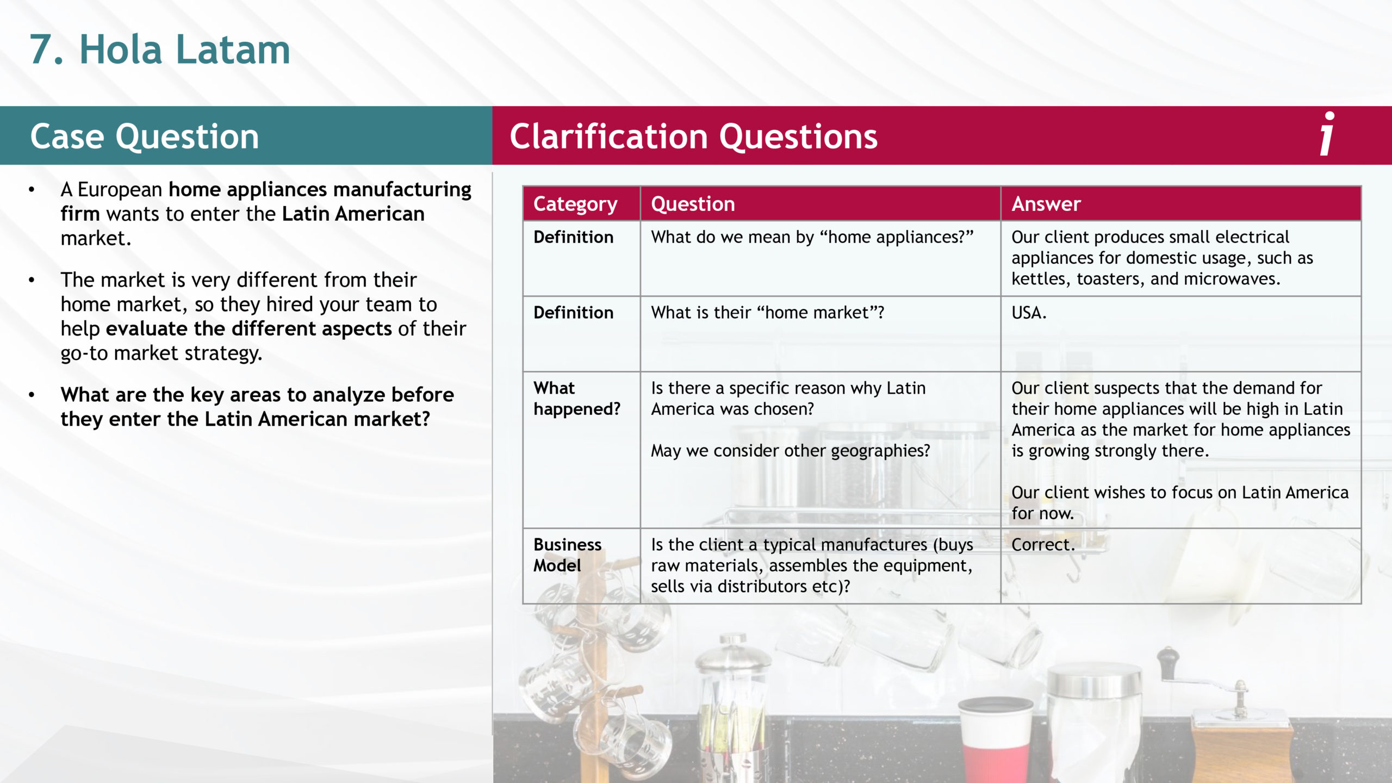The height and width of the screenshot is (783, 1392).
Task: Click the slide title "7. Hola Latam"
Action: tap(159, 49)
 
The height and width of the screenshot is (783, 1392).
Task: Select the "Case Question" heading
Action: tap(145, 136)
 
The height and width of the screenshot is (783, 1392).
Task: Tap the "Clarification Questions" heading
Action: tap(693, 136)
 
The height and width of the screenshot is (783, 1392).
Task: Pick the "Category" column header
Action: tap(575, 204)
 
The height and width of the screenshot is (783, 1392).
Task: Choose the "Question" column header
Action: tap(693, 204)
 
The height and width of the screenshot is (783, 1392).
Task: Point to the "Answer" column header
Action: tap(1046, 204)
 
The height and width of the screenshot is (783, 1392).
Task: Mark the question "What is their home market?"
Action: tap(768, 313)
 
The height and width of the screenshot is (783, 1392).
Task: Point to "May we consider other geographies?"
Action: tap(791, 451)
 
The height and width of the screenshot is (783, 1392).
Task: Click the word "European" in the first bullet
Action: tap(120, 190)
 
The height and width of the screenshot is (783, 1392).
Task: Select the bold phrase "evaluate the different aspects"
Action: tap(248, 328)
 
